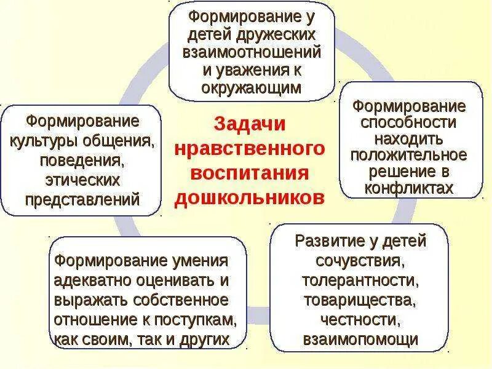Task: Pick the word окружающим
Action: point(252,87)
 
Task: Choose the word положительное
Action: point(409,154)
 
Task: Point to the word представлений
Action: point(82,199)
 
